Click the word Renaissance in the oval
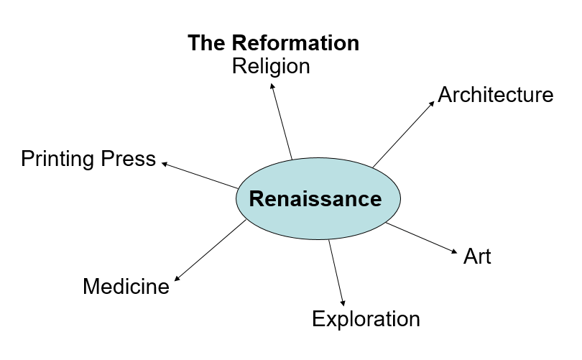(315, 198)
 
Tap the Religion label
(271, 66)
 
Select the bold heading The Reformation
(273, 43)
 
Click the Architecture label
(495, 95)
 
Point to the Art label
(477, 257)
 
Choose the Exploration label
(365, 318)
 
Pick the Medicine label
(126, 287)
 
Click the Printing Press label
(88, 159)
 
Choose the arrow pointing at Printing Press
(200, 175)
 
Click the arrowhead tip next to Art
(456, 251)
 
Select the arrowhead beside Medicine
(177, 277)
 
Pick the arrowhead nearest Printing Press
(165, 164)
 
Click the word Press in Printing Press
(129, 159)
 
